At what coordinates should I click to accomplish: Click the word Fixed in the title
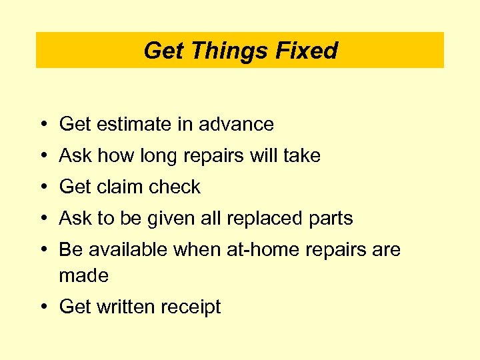point(310,51)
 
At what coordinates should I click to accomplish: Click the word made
point(83,275)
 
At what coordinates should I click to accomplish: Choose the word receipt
point(191,307)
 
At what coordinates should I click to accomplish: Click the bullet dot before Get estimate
point(42,125)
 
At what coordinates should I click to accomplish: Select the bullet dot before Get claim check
point(42,187)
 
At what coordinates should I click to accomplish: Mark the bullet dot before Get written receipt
point(42,307)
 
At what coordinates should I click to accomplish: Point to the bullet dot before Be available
point(42,249)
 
